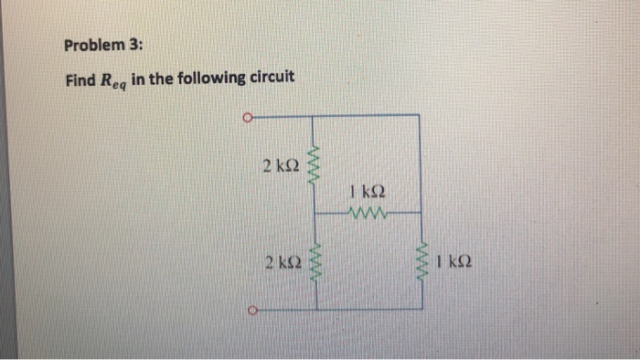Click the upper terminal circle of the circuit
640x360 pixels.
(x=247, y=116)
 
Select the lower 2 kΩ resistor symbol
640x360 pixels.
(x=316, y=263)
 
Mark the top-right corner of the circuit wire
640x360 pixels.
(x=421, y=115)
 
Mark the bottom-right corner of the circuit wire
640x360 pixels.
(x=421, y=310)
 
